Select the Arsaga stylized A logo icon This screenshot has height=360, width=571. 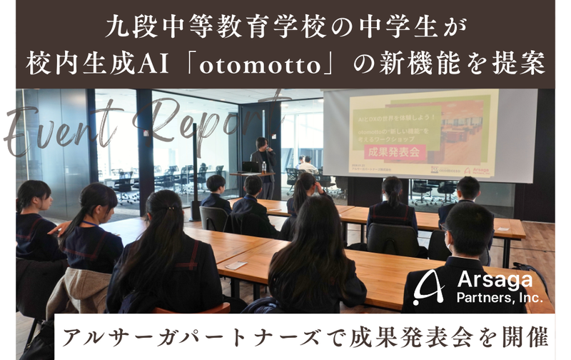click(431, 286)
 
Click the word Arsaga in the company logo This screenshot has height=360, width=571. click(486, 279)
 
